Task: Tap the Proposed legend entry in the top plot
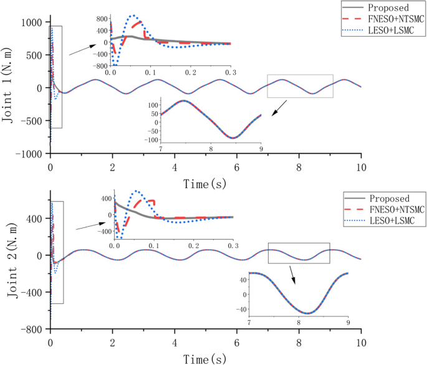[x=386, y=8]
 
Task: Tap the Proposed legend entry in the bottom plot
[x=386, y=197]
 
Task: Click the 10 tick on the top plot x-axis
[x=361, y=168]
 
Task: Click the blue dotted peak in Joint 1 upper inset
[x=132, y=16]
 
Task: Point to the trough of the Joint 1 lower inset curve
[x=233, y=137]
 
